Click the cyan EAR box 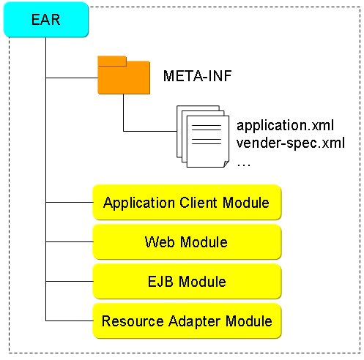point(46,20)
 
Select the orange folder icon point(124,75)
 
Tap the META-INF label point(197,76)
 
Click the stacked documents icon point(203,137)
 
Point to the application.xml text point(285,126)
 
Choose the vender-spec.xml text point(291,143)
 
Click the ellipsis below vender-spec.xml point(243,165)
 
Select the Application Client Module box point(187,203)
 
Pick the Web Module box point(187,242)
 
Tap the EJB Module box point(187,282)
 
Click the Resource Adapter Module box point(187,321)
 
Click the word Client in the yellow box point(198,203)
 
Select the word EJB point(160,282)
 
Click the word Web point(160,242)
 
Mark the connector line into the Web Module point(70,241)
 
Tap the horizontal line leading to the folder point(72,78)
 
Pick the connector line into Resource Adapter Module point(70,320)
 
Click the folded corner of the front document point(226,164)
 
